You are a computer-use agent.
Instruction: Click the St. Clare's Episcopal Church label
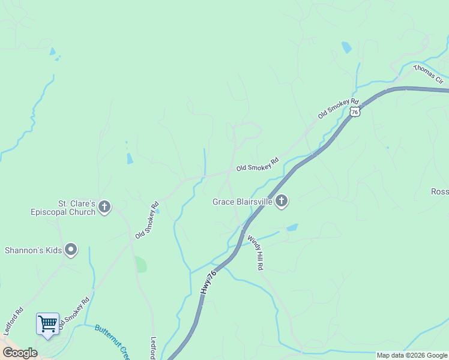(63, 208)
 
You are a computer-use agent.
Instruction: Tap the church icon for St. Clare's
(104, 208)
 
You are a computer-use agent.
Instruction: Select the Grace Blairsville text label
(243, 202)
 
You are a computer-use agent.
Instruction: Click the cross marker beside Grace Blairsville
(282, 202)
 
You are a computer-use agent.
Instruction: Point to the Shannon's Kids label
(34, 250)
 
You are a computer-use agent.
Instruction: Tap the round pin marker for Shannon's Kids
(71, 250)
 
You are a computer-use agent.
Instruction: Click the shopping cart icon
(47, 324)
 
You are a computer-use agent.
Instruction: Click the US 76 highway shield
(356, 112)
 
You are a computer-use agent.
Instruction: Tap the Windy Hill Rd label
(255, 251)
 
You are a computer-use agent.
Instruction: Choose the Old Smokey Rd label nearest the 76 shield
(338, 109)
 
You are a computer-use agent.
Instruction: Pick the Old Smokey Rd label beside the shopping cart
(74, 314)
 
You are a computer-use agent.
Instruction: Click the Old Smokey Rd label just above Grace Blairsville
(258, 164)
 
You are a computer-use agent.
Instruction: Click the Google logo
(20, 353)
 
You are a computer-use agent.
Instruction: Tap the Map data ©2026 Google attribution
(412, 355)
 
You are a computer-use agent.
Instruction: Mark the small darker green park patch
(140, 265)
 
